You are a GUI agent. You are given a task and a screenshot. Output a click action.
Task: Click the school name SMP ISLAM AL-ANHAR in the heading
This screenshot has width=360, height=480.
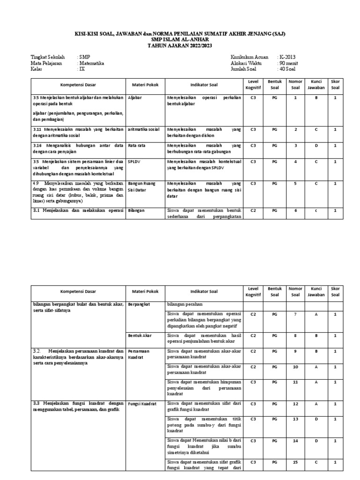coord(180,39)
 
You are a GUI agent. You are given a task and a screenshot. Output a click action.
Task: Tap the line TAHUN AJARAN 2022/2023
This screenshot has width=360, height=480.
coord(180,45)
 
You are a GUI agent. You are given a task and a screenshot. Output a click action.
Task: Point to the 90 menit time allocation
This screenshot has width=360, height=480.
coord(288,63)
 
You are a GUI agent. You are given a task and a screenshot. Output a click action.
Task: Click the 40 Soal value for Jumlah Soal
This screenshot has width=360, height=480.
coord(287,68)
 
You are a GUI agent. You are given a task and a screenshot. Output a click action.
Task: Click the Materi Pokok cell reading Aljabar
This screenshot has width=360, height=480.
coord(135,97)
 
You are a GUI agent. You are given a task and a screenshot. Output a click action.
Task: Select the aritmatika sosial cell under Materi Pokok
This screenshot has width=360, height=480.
coord(142,129)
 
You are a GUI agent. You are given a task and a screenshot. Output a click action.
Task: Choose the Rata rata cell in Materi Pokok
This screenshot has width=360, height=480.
coord(136,146)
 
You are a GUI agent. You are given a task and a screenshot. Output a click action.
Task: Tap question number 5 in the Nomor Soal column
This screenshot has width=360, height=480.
coord(295,183)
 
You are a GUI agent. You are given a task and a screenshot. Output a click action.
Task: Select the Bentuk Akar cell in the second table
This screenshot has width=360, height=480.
coord(140,336)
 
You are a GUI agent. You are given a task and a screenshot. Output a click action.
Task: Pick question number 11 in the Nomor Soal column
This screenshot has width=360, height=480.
coord(295,382)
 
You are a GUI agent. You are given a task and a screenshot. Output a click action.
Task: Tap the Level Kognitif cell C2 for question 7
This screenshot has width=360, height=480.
coord(253,314)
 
